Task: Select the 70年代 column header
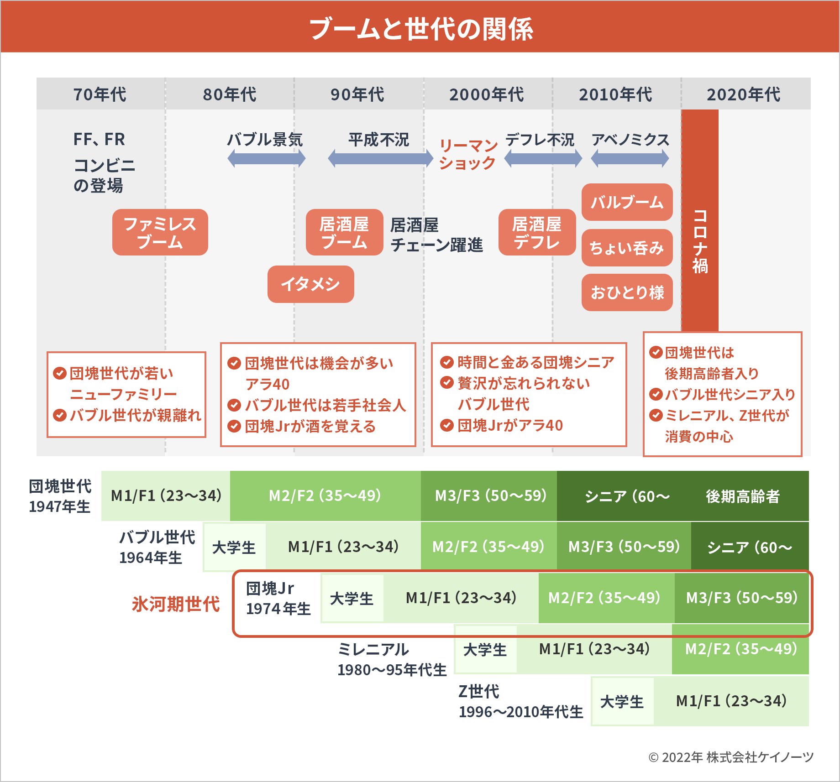pyautogui.click(x=100, y=94)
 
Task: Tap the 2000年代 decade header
pyautogui.click(x=487, y=94)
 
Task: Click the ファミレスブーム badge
pyautogui.click(x=160, y=232)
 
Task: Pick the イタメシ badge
pyautogui.click(x=310, y=284)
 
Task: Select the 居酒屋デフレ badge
pyautogui.click(x=537, y=232)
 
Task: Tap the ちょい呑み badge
pyautogui.click(x=627, y=248)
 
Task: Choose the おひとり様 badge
pyautogui.click(x=627, y=292)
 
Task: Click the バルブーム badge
pyautogui.click(x=627, y=202)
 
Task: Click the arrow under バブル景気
pyautogui.click(x=266, y=159)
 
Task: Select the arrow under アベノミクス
pyautogui.click(x=630, y=159)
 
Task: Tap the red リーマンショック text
pyautogui.click(x=468, y=154)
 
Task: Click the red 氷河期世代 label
pyautogui.click(x=176, y=604)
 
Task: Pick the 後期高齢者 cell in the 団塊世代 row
pyautogui.click(x=743, y=496)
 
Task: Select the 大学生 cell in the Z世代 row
pyautogui.click(x=622, y=701)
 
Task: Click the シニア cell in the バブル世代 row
pyautogui.click(x=750, y=547)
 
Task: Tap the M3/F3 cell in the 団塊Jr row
pyautogui.click(x=742, y=598)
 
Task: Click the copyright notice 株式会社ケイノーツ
pyautogui.click(x=731, y=757)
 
